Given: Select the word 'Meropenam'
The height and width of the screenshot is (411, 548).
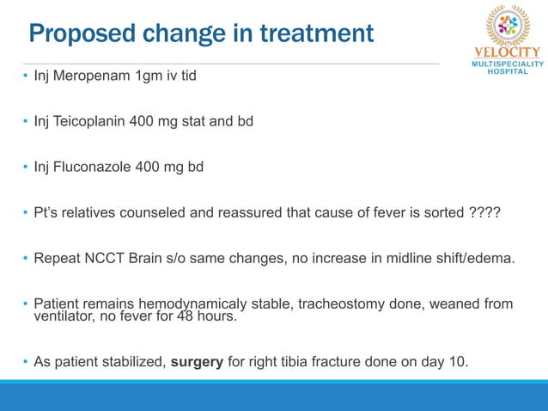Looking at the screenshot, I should tap(93, 76).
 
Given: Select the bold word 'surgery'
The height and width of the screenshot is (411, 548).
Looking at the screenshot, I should tap(197, 361).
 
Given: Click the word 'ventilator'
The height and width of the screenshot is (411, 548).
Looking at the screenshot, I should tap(64, 316).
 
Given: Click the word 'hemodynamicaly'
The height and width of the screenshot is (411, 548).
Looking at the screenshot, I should tap(186, 304).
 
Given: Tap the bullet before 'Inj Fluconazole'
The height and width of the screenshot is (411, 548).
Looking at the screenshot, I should tap(25, 167).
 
